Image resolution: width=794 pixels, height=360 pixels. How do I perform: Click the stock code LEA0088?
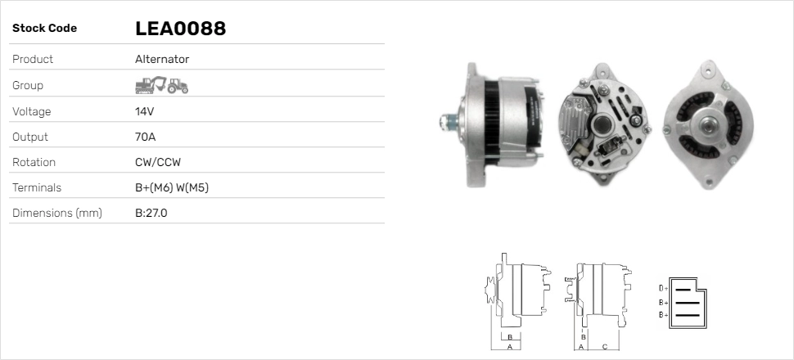(180, 29)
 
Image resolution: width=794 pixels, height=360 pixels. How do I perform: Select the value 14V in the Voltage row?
(144, 111)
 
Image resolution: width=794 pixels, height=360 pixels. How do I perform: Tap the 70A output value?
(146, 137)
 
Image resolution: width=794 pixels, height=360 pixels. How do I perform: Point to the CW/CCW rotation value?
(158, 162)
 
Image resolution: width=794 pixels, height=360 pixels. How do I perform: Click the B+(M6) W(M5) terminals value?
(172, 187)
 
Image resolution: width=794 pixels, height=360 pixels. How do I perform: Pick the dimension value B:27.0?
(151, 213)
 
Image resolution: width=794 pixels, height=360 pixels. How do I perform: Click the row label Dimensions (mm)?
(57, 213)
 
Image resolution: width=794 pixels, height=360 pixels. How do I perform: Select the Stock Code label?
(44, 29)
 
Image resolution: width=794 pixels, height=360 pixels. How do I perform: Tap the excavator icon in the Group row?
(151, 85)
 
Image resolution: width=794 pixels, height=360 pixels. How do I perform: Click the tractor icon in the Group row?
(178, 86)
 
